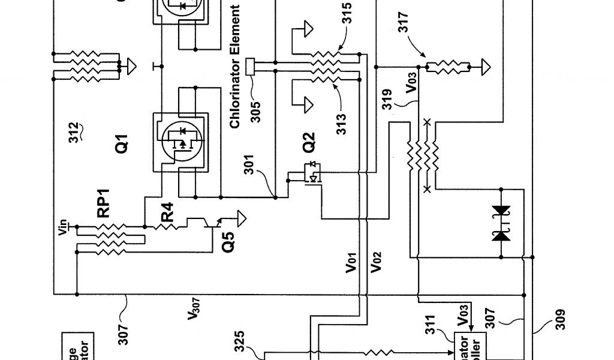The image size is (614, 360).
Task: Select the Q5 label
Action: coord(228,241)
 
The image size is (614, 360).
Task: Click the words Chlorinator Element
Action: coord(236,67)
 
